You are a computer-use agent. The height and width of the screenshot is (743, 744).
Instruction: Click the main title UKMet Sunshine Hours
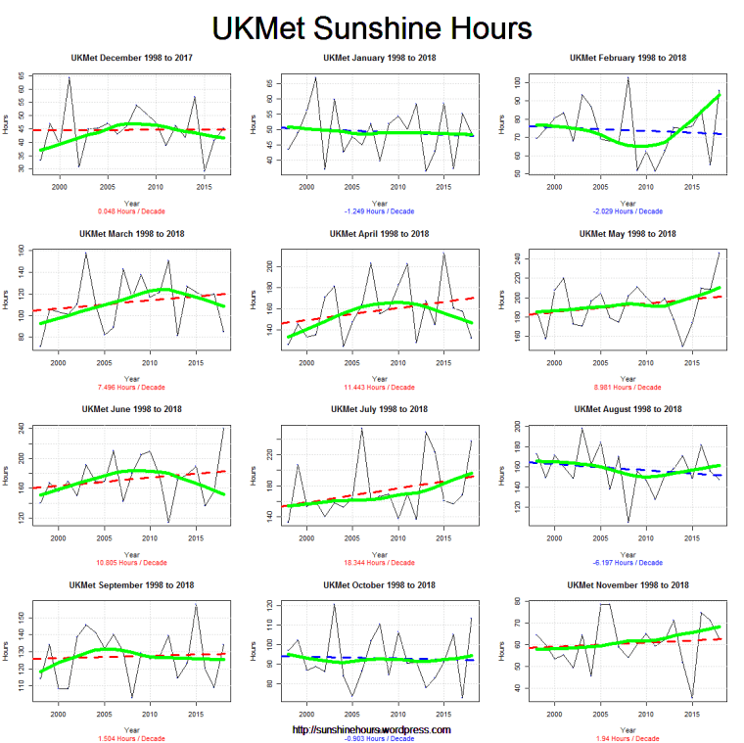(372, 25)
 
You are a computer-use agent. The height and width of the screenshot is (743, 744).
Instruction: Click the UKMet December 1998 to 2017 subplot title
(130, 58)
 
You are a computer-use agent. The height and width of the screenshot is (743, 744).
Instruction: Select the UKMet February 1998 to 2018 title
(628, 58)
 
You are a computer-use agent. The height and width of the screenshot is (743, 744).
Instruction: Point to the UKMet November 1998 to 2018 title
(628, 584)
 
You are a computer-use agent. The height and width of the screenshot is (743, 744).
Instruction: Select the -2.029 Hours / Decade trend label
(628, 210)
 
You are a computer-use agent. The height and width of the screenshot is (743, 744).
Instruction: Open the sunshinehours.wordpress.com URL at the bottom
(372, 729)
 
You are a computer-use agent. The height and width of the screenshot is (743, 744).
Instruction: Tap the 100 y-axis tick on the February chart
(517, 84)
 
